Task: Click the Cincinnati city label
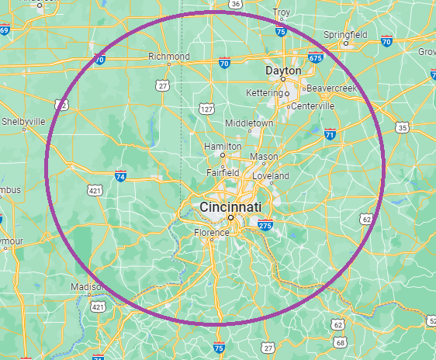(230, 207)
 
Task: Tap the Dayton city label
(282, 70)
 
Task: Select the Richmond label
(169, 57)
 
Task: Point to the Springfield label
(345, 35)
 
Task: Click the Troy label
(281, 12)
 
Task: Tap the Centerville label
(312, 106)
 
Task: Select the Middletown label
(249, 123)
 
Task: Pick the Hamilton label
(223, 146)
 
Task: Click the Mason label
(264, 156)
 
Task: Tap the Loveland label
(270, 176)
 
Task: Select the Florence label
(211, 232)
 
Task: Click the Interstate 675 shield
(315, 57)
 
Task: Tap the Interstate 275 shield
(265, 226)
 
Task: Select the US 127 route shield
(205, 109)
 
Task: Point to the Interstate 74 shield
(120, 177)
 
